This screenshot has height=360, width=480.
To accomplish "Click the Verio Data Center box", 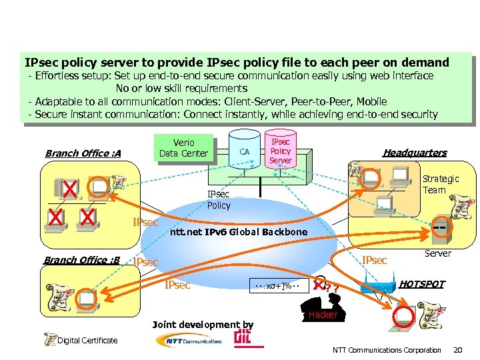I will point(183,148).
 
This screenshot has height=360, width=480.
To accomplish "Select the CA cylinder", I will point(245,151).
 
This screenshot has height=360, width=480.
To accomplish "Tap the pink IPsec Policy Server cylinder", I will point(281,151).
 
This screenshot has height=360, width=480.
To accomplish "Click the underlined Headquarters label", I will point(415,153).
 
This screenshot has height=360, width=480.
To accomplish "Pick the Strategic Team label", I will point(441,184).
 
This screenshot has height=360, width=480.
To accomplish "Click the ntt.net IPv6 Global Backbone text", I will point(238,232).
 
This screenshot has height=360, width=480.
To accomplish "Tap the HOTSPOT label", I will point(421,284).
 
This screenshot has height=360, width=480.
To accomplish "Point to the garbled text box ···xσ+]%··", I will point(279,286).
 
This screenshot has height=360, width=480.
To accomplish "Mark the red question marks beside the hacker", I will point(332,288).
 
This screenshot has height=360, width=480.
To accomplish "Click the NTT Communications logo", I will point(189,340).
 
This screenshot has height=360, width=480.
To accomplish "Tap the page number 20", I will point(457,350).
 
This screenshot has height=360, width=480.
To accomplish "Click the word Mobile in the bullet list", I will point(371,101).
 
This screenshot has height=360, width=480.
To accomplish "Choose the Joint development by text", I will point(203,325).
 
